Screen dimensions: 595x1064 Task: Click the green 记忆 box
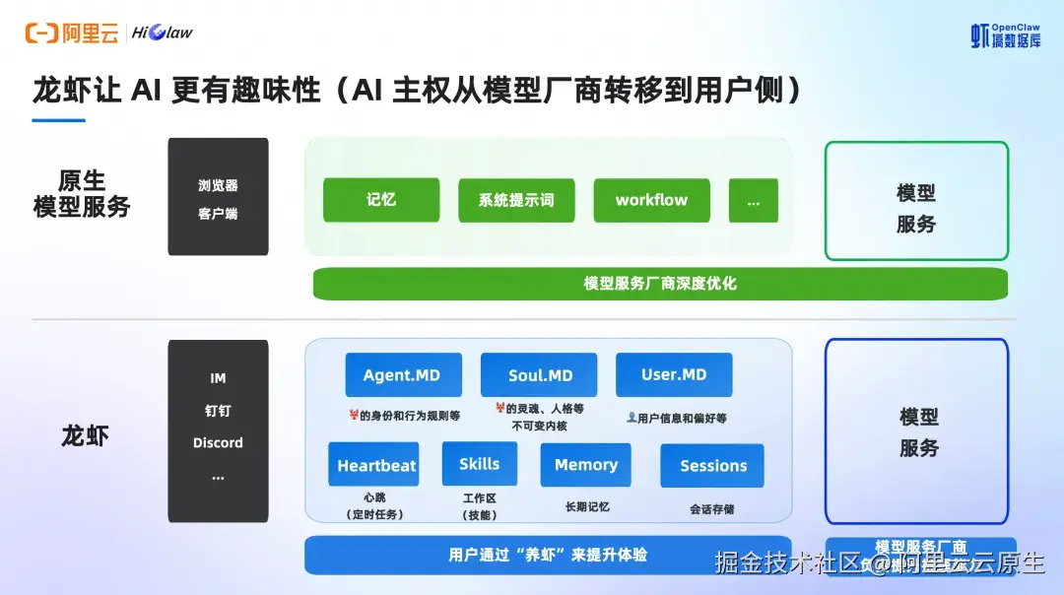(x=380, y=200)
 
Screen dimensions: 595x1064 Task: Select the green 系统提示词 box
(x=516, y=200)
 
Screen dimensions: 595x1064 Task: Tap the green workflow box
(x=651, y=200)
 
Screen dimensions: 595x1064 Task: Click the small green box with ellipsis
(x=753, y=200)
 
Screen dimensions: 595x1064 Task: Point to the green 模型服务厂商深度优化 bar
(x=659, y=284)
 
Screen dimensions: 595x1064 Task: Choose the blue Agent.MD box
(x=402, y=375)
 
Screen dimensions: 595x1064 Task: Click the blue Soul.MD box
(x=539, y=375)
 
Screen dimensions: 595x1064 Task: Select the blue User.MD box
(x=674, y=375)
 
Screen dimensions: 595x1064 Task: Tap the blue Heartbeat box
(x=373, y=465)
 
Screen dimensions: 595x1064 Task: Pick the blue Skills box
(x=479, y=464)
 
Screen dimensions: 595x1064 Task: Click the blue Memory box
(x=585, y=465)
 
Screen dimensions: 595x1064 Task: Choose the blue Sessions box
(x=712, y=466)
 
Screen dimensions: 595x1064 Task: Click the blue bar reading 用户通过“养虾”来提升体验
(x=548, y=555)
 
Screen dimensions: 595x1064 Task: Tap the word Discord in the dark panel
(x=218, y=443)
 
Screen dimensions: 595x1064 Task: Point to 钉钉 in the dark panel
(x=218, y=411)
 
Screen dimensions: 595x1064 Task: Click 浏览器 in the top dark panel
(x=218, y=185)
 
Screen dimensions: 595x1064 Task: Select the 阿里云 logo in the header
(x=72, y=33)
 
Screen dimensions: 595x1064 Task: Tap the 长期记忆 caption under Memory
(x=586, y=506)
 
